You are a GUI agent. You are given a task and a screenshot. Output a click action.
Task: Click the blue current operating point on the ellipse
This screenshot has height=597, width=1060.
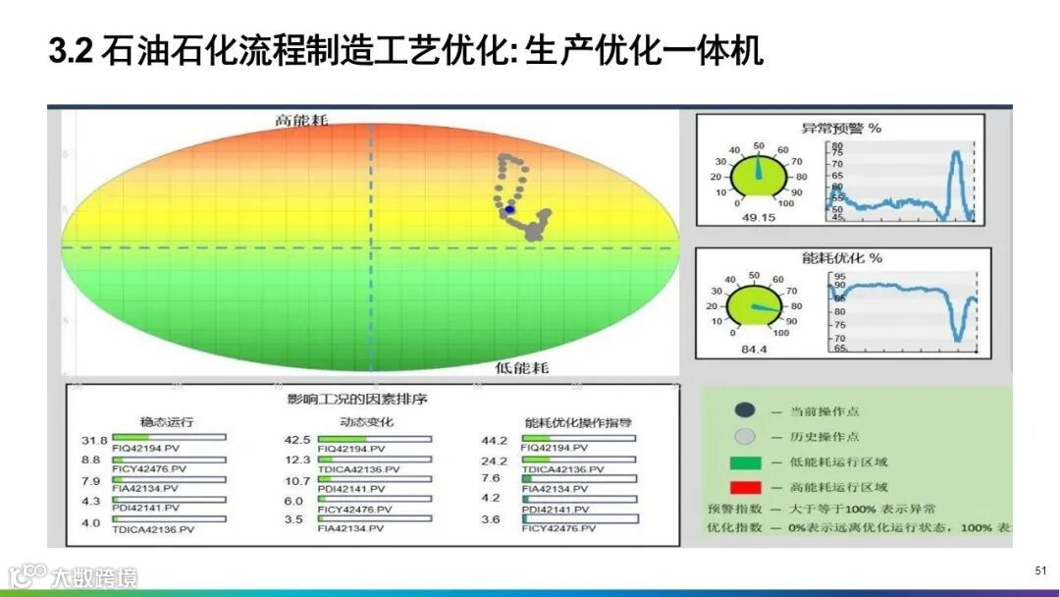coord(509,210)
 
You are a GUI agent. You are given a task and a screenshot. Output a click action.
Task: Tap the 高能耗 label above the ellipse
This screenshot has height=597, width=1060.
coord(301,121)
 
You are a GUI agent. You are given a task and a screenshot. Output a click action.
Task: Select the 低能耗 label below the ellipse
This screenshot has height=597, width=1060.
coord(522,367)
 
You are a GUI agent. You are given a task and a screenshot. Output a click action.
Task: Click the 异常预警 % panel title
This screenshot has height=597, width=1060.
coord(841,128)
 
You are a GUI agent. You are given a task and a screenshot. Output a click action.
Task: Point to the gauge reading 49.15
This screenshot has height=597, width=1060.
coord(757,217)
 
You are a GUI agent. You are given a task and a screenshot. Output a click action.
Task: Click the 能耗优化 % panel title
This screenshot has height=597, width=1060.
coord(841,258)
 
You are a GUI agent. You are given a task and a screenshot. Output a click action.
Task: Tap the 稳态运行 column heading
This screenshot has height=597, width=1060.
coord(166,422)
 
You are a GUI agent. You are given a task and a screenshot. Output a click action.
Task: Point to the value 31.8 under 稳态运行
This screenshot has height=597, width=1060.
coord(94,440)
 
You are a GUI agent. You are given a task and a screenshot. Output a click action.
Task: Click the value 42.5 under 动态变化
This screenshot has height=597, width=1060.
coord(297,440)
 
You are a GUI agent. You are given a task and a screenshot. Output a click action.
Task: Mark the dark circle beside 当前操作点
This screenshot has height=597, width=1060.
coord(745,410)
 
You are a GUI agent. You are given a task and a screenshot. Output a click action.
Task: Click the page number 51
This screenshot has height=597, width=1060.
coord(1041,570)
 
